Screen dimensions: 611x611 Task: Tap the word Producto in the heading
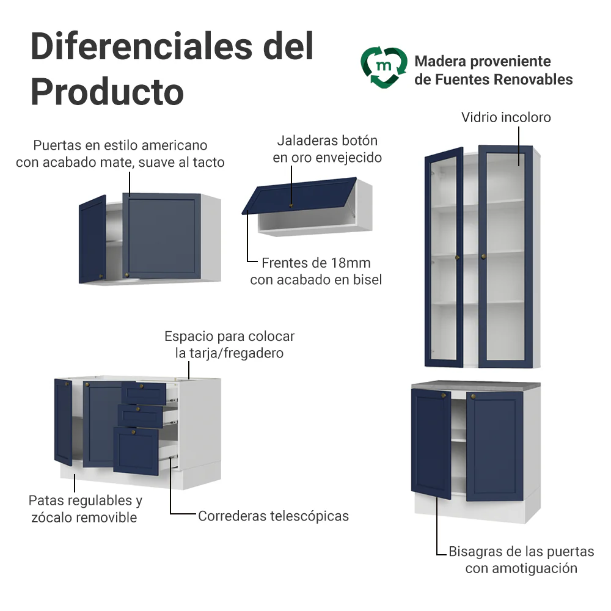coord(107,92)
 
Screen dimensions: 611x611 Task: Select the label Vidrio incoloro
coord(506,117)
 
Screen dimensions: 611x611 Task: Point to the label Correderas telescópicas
coord(273,516)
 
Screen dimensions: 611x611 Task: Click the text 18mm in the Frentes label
coord(351,263)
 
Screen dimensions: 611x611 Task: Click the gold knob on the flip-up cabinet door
coord(291,205)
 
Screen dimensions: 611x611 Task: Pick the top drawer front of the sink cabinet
coord(144,393)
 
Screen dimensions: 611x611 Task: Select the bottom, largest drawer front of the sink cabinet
coord(136,451)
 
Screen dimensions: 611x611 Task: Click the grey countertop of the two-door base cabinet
coord(476,384)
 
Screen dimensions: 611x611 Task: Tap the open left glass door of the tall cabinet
coord(444,257)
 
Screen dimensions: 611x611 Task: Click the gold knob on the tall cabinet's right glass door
coord(483,257)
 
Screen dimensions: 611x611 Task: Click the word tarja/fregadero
coord(236,353)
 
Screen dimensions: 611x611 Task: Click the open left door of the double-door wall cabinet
coord(92,239)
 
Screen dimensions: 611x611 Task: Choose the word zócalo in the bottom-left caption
coord(52,518)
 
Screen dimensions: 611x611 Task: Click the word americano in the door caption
coord(175,145)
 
